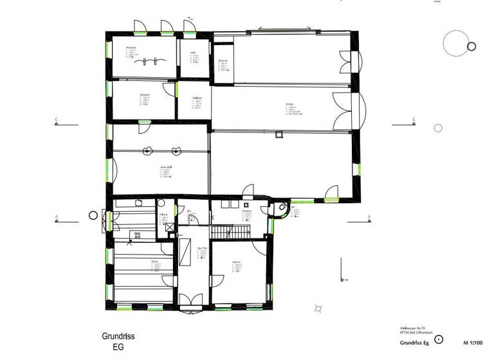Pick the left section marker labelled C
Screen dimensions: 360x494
point(57,122)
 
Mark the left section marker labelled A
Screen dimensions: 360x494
point(57,219)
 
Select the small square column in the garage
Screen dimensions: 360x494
point(279,134)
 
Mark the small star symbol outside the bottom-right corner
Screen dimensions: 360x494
point(317,309)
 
